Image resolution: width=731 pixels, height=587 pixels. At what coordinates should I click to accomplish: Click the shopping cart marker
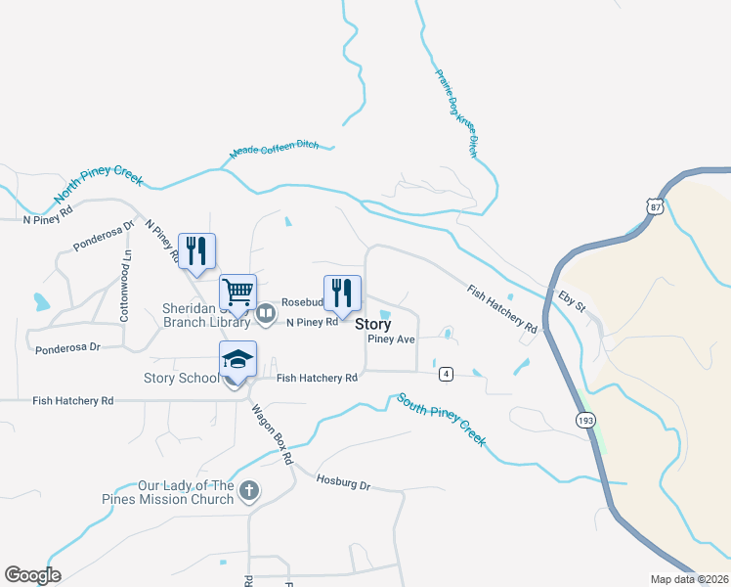238,292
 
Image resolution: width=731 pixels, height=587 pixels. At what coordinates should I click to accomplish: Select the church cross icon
250,489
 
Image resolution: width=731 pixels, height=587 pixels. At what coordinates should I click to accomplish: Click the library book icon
265,314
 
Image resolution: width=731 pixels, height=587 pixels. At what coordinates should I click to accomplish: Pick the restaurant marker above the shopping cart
197,251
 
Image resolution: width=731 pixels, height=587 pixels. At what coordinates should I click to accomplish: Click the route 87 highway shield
654,204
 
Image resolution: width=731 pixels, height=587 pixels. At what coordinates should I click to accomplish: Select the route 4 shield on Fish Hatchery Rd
446,374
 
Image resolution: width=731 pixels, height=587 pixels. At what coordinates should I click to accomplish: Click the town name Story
372,324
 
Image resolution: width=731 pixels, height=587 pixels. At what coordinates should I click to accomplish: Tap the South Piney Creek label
441,420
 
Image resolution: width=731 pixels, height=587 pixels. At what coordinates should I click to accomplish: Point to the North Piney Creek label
99,190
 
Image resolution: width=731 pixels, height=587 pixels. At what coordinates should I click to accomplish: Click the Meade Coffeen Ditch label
274,150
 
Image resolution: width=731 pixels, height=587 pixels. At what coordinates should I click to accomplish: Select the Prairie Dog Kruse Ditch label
454,106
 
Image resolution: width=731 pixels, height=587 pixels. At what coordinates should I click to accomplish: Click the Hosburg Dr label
344,482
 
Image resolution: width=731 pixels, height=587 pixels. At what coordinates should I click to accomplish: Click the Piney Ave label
392,339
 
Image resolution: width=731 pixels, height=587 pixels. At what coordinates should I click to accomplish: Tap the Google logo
32,575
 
